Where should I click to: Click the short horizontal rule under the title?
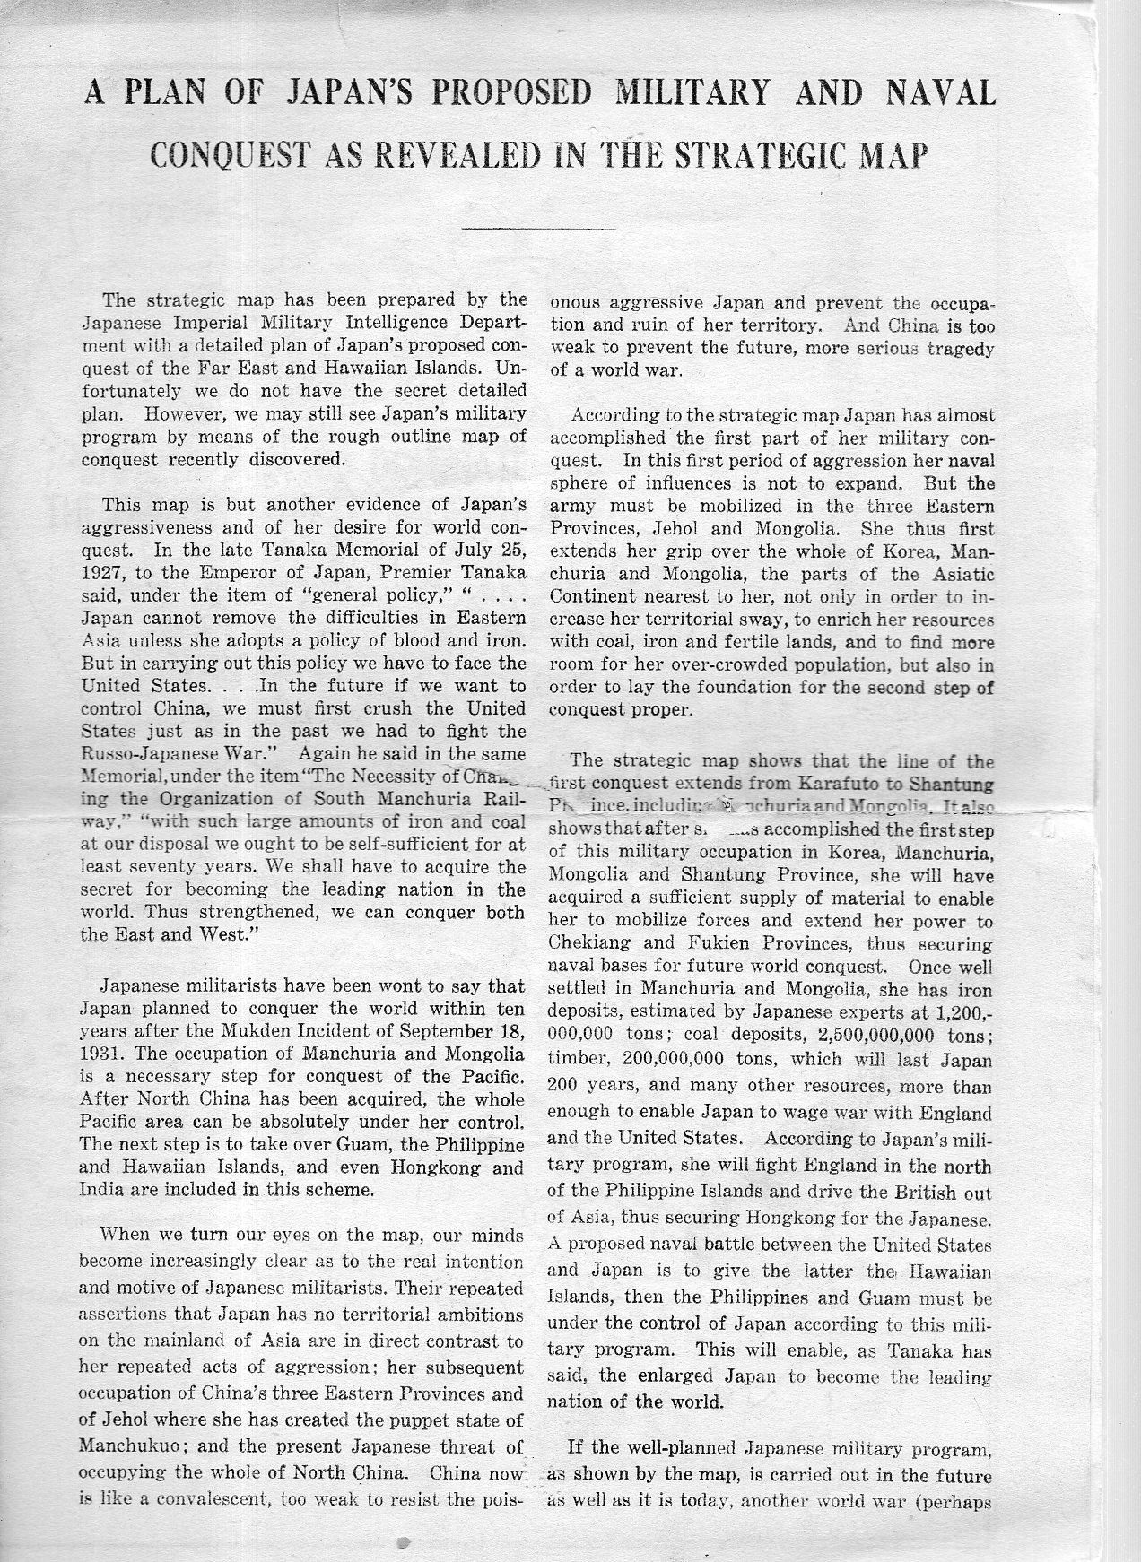click(x=538, y=230)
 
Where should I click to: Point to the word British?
click(x=898, y=1193)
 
